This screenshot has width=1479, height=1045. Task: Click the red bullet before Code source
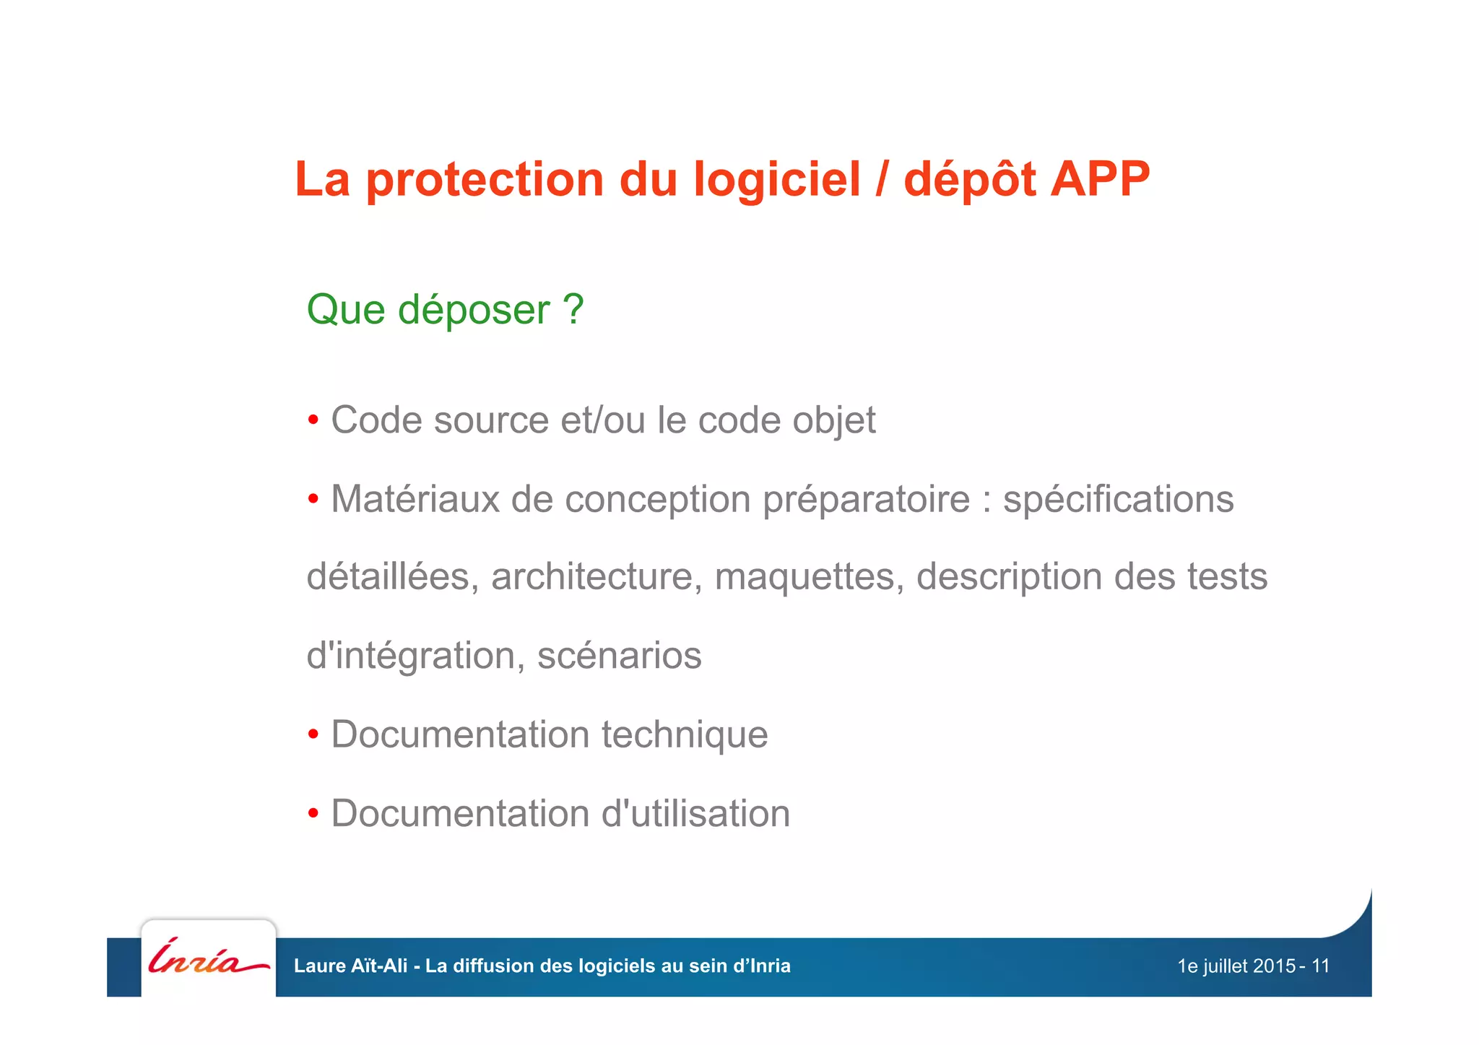(313, 420)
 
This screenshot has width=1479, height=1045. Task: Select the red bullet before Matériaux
(313, 499)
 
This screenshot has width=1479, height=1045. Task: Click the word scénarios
(619, 656)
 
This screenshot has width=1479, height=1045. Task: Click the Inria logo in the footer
(208, 958)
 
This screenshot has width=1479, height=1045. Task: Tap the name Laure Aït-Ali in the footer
(350, 966)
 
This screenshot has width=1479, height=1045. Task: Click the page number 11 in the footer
(1320, 966)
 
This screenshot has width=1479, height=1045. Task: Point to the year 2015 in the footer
(1274, 966)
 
